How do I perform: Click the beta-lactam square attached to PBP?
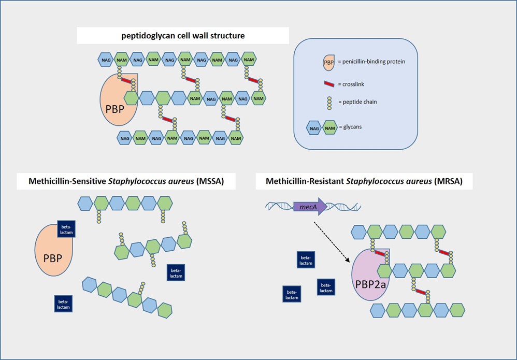pos(67,228)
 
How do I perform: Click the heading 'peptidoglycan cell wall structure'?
pos(183,35)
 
